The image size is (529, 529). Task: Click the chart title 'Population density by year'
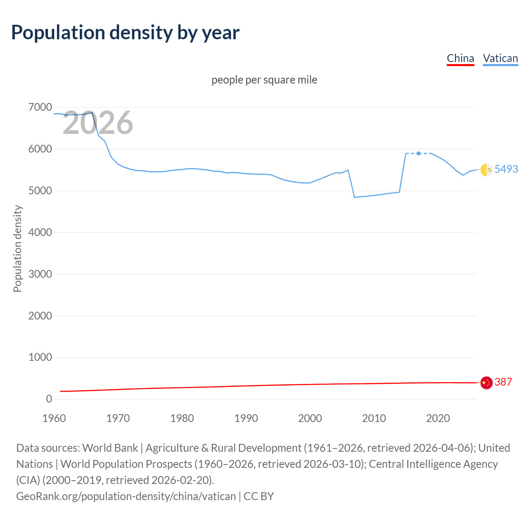(x=125, y=33)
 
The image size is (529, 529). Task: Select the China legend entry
(x=460, y=58)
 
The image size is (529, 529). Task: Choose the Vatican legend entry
(x=500, y=58)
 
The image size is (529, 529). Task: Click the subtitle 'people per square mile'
(x=264, y=80)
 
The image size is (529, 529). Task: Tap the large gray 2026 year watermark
(x=98, y=123)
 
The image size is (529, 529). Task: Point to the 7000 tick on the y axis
(x=40, y=107)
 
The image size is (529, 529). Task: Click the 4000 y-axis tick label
(x=40, y=232)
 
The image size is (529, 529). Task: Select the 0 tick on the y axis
(x=49, y=399)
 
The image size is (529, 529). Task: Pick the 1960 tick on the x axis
(x=54, y=418)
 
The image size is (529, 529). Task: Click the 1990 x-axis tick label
(x=246, y=418)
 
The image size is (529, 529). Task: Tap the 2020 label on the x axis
(x=438, y=418)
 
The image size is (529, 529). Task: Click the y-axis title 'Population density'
(x=17, y=249)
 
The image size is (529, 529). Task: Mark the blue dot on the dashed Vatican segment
(x=419, y=153)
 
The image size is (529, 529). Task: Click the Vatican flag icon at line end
(x=486, y=169)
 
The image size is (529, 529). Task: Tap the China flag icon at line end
(x=486, y=383)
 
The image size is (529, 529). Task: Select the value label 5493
(x=506, y=169)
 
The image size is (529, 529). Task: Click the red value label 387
(x=503, y=382)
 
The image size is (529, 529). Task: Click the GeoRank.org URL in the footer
(x=126, y=496)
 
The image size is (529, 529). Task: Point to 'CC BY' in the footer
(x=259, y=496)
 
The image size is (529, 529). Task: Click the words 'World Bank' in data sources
(x=110, y=448)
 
